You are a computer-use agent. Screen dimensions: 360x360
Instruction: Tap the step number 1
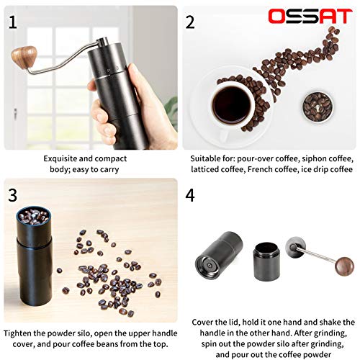coord(12,22)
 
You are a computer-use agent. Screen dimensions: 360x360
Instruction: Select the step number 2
coord(190,22)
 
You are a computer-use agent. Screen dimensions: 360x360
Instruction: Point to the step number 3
coord(13,195)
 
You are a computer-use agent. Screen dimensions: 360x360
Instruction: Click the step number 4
coord(189,195)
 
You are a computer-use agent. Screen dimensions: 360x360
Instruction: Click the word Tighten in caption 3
coord(20,333)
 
